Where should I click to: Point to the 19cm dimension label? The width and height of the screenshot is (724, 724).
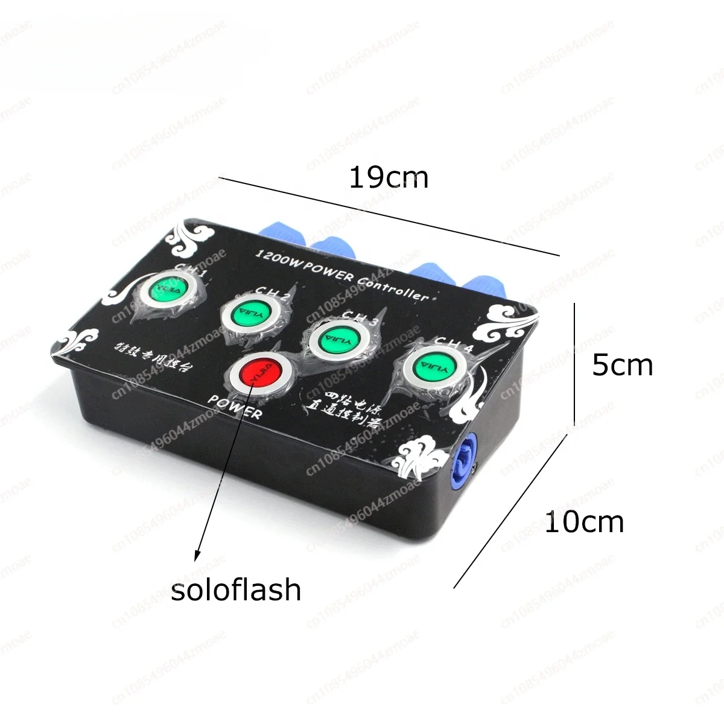pyautogui.click(x=389, y=178)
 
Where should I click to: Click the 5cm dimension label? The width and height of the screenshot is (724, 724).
pyautogui.click(x=623, y=366)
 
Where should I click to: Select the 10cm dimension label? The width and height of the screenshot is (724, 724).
pyautogui.click(x=584, y=522)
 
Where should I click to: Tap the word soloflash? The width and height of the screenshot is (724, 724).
pyautogui.click(x=236, y=589)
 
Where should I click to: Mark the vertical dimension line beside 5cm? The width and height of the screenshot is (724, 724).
pyautogui.click(x=574, y=365)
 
